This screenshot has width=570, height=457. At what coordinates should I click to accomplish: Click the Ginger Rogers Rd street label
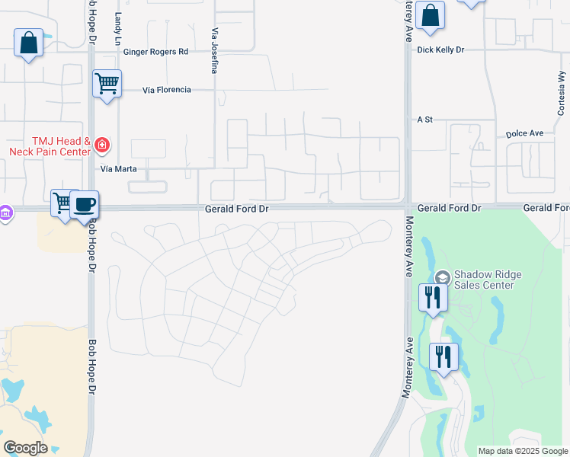(156, 52)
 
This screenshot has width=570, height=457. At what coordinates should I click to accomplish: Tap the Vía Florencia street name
(167, 90)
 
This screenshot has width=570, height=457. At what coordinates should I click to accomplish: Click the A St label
(424, 120)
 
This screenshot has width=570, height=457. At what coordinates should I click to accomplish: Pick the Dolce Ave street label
(524, 133)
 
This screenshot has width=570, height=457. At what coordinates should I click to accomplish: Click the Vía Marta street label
(118, 169)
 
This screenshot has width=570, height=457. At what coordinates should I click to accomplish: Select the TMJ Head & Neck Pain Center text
(50, 146)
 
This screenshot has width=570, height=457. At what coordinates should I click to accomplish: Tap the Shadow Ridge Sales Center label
(484, 280)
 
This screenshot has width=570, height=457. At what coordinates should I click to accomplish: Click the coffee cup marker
(85, 205)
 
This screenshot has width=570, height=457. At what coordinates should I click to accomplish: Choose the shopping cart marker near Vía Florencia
(107, 82)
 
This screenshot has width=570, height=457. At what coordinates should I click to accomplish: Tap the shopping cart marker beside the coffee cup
(62, 203)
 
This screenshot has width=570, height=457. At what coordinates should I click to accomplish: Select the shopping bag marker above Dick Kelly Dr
(430, 15)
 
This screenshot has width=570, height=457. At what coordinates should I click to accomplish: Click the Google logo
(24, 448)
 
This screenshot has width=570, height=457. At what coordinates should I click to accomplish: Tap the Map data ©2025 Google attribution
(523, 451)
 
